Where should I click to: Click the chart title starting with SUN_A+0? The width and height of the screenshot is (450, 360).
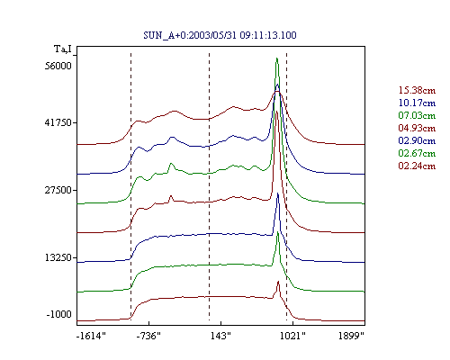(220, 35)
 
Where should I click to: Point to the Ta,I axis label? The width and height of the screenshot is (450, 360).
(63, 49)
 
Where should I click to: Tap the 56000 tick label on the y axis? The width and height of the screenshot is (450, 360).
(58, 66)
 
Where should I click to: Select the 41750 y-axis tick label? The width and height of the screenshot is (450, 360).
(58, 122)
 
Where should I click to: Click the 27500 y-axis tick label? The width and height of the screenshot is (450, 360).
(58, 190)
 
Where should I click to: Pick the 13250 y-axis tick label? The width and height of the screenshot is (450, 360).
(58, 257)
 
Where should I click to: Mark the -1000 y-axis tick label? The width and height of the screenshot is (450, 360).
(59, 314)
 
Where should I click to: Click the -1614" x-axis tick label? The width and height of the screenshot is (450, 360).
(91, 336)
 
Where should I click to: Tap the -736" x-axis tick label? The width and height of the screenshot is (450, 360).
(148, 336)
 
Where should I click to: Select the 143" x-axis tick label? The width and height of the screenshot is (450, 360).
(220, 336)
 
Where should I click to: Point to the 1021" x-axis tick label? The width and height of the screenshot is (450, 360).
(292, 336)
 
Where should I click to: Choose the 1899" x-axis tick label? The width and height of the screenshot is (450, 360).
(351, 336)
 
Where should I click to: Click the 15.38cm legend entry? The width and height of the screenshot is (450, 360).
(417, 90)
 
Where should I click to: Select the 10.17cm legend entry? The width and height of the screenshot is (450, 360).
(417, 103)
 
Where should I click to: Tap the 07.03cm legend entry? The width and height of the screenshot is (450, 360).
(417, 115)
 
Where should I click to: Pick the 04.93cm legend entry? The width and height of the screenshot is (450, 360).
(417, 128)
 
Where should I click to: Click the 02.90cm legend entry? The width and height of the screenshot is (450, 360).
(417, 140)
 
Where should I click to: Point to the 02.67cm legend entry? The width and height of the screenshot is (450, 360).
(417, 153)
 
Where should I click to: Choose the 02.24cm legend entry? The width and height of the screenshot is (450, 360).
(417, 166)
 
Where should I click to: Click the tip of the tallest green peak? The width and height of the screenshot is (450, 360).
(277, 58)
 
